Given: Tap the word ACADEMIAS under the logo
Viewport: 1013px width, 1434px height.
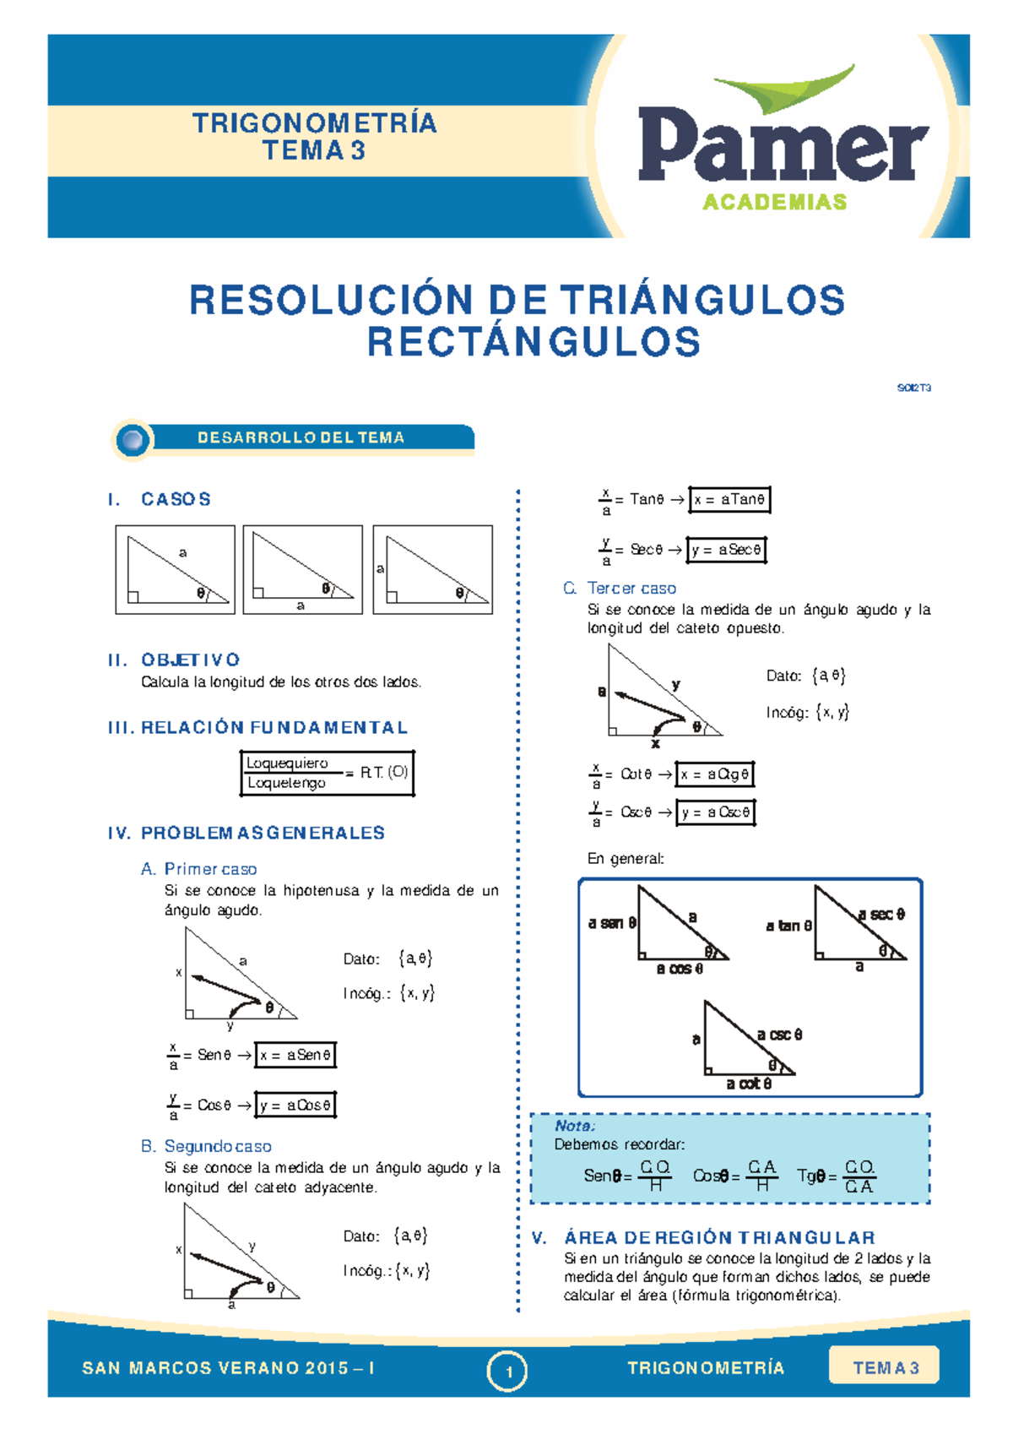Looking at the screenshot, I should point(774,203).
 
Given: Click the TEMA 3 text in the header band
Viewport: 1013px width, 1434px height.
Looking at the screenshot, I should point(314,151).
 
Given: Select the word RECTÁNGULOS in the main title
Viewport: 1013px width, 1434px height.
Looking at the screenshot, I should point(534,342).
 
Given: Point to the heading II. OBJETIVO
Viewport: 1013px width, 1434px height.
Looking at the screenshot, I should point(174,660).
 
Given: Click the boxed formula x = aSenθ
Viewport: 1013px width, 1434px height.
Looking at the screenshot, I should point(295,1055).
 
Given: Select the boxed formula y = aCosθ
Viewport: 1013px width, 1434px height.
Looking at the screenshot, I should point(295,1105).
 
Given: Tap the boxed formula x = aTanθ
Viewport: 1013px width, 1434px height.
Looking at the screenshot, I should point(729,500).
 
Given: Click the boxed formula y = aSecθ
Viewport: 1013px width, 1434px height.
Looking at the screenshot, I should point(726,550).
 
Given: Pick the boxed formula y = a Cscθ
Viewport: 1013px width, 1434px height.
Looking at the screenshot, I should point(716,812).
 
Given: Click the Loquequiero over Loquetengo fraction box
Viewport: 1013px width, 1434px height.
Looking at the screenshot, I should point(327,773).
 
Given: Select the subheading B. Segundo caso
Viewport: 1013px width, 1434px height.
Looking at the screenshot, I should point(206,1146).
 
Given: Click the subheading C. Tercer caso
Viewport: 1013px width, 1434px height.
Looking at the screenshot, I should point(620,588).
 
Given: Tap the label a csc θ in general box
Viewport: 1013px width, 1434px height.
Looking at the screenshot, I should point(779,1035).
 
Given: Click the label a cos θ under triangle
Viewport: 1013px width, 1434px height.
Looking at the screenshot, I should point(680,969).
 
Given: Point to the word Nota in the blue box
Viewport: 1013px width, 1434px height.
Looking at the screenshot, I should point(574,1126).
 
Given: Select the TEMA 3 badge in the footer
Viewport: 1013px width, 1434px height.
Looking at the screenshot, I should point(884,1367).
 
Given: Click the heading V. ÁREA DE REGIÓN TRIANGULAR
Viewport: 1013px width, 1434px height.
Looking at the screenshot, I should point(704,1237).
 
